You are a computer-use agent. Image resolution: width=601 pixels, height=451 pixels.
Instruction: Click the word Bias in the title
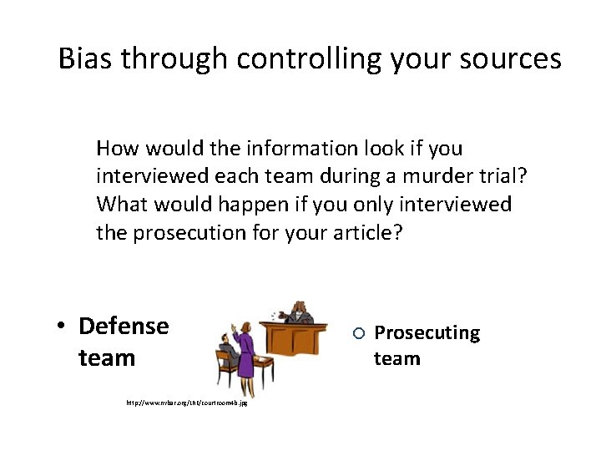coord(88,58)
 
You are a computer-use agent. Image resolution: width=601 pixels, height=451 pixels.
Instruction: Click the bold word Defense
coord(124,326)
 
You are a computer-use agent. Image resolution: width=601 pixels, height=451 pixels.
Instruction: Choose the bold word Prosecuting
coord(427,333)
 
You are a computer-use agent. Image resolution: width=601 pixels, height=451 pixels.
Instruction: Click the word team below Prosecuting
coord(396,359)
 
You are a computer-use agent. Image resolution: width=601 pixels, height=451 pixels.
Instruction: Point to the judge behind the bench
coord(296,312)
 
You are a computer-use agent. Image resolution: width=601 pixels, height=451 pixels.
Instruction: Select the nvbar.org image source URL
coord(186,403)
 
